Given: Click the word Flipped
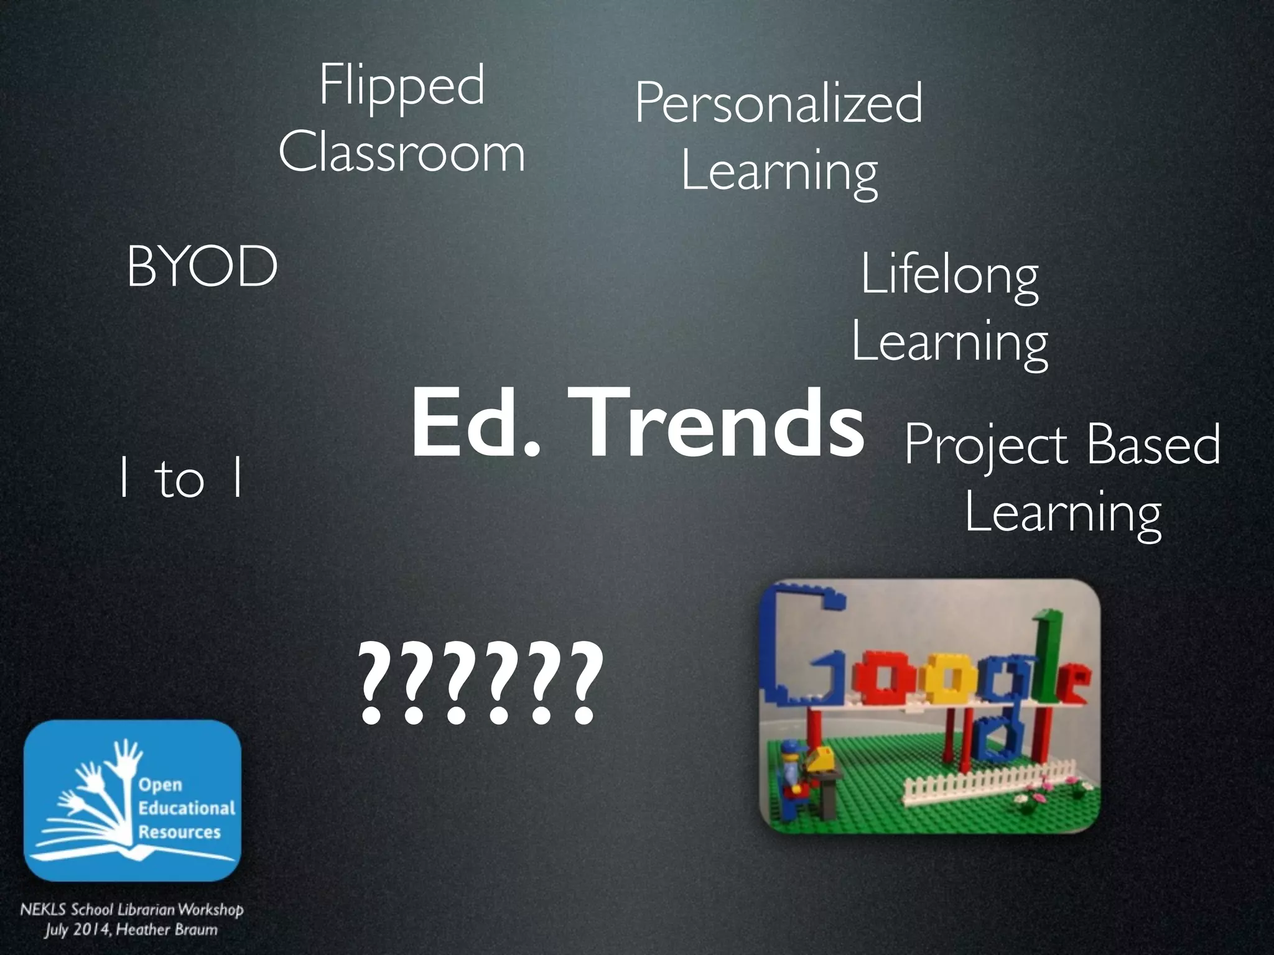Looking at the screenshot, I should click(x=402, y=87).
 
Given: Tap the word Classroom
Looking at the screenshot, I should click(x=402, y=153).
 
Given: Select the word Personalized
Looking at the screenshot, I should click(x=779, y=104).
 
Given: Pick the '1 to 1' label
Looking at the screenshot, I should click(x=180, y=479).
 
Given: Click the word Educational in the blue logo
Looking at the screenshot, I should click(x=187, y=808).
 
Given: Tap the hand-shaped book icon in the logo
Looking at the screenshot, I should click(x=93, y=802).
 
